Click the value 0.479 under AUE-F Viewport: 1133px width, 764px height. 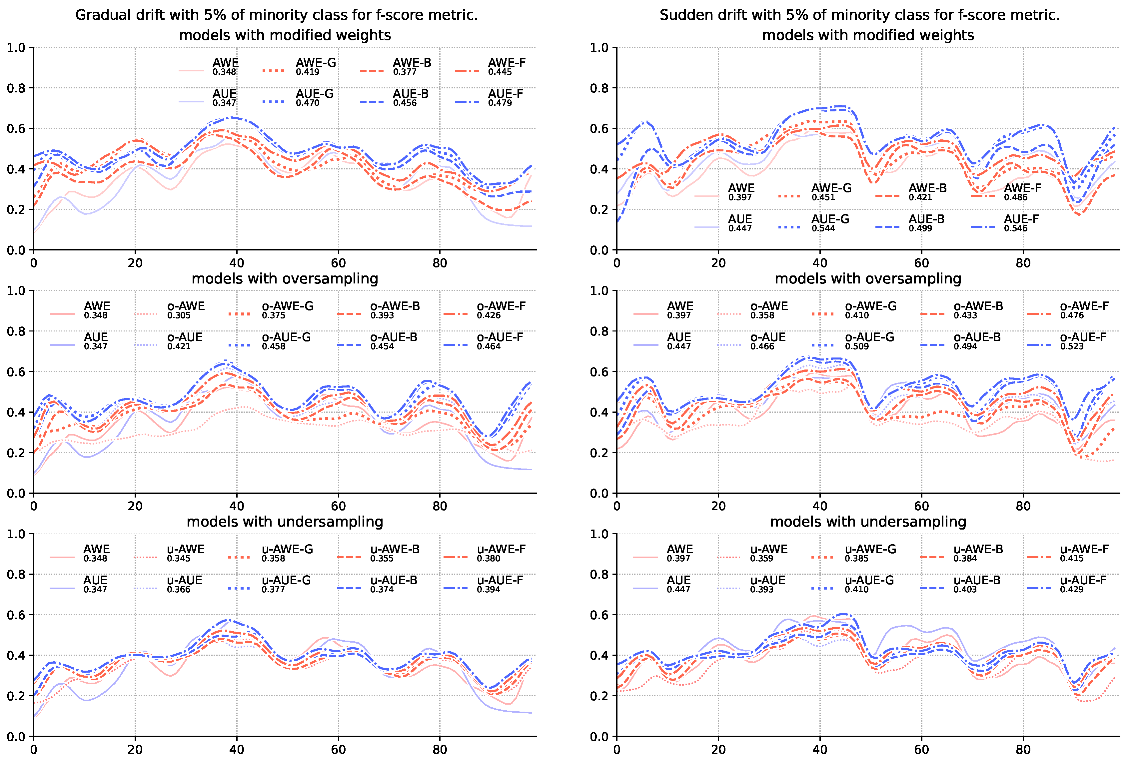click(500, 103)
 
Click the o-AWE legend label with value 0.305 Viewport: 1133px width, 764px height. click(186, 306)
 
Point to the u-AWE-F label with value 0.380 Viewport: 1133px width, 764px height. click(501, 549)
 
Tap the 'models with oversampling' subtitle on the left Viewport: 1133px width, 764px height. click(285, 279)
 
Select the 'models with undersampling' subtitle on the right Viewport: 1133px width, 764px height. click(868, 522)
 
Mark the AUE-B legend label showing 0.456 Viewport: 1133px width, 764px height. click(411, 94)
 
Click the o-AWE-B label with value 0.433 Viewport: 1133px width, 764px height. click(978, 306)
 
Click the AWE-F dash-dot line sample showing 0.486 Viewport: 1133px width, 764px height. click(983, 196)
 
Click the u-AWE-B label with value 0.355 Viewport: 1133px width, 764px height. click(394, 549)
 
